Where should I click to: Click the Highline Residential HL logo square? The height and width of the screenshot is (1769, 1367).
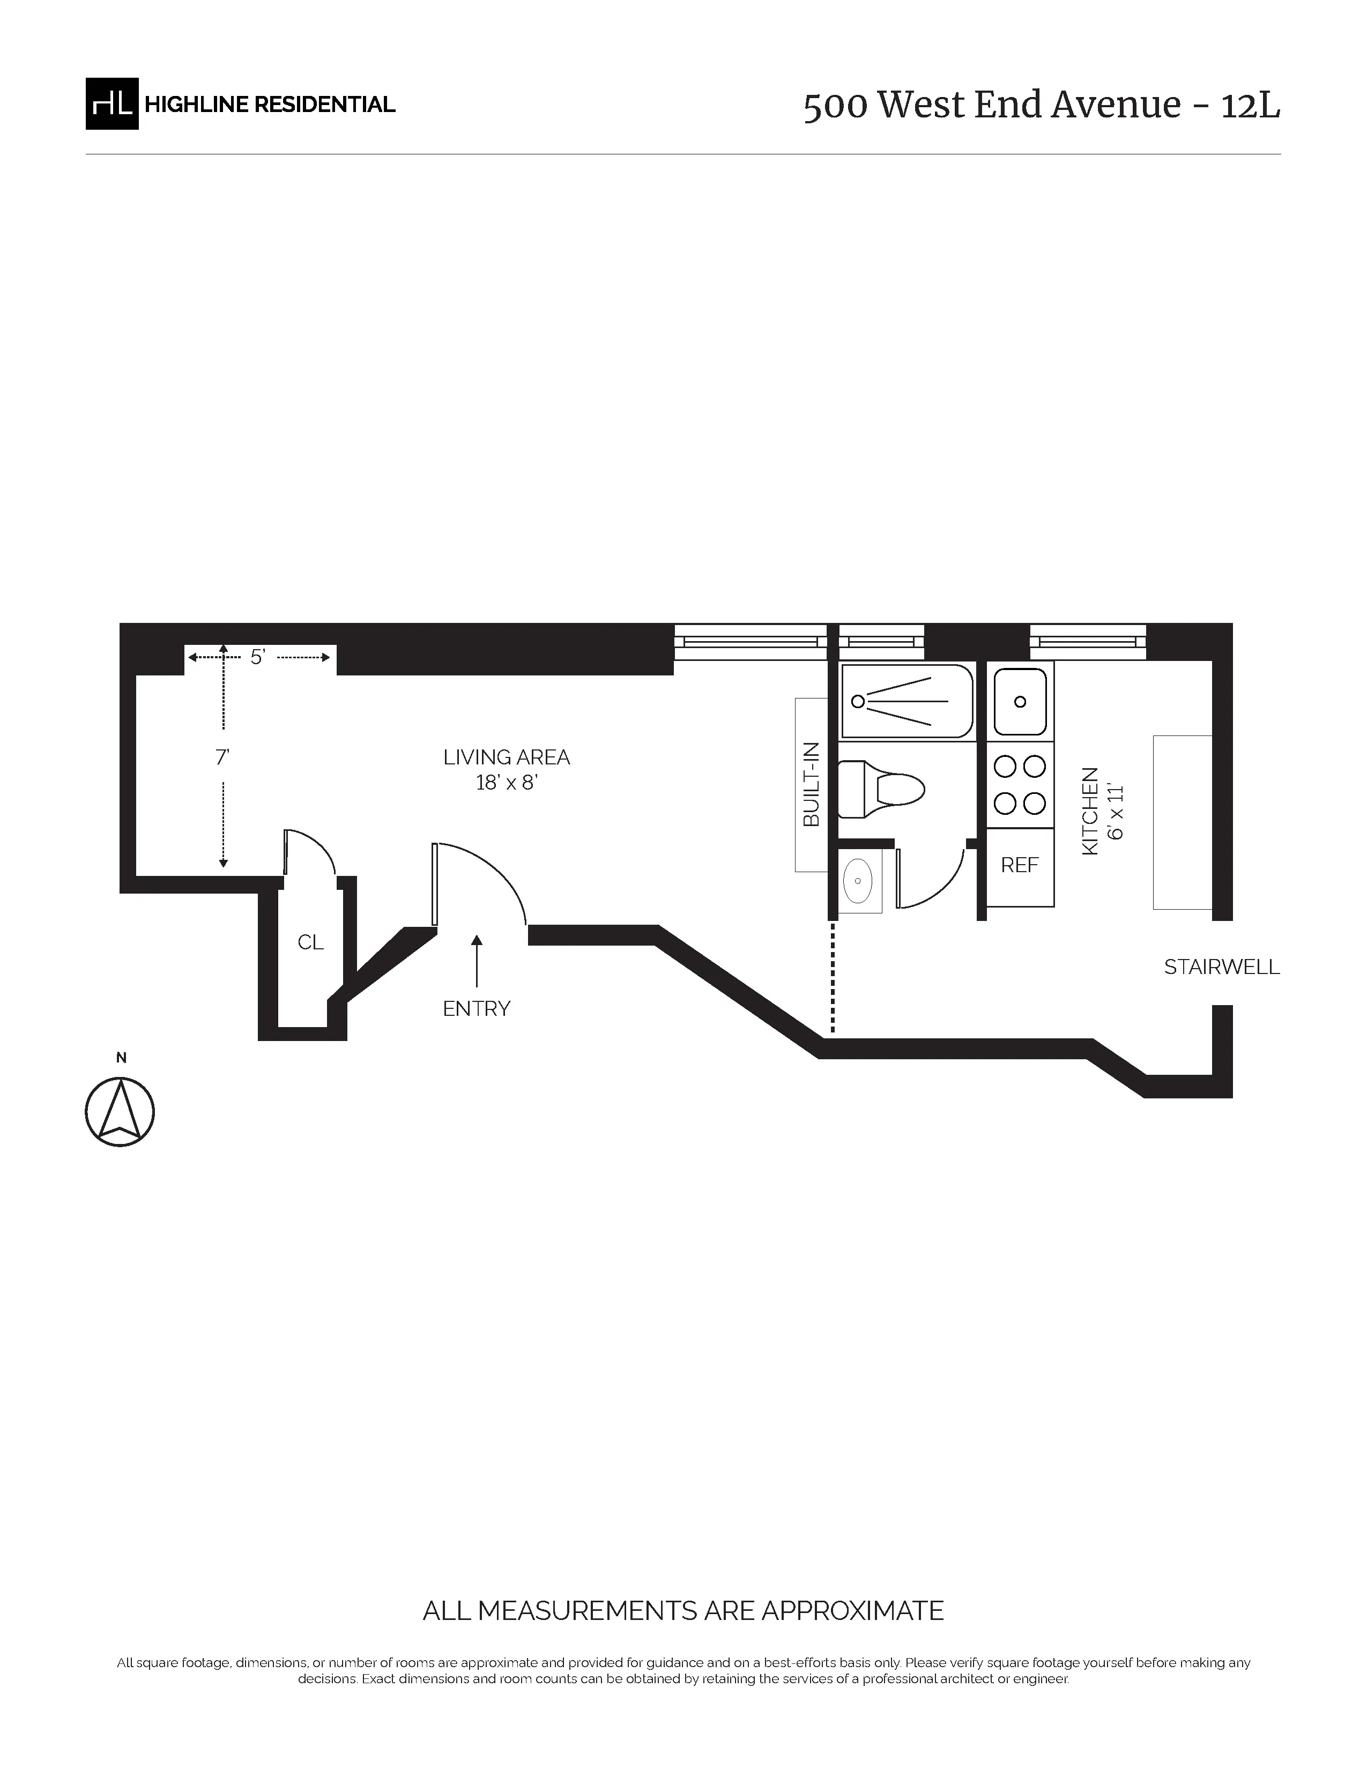tap(112, 103)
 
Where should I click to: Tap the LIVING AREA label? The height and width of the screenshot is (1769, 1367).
tap(506, 757)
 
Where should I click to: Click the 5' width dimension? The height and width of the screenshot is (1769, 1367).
tap(257, 657)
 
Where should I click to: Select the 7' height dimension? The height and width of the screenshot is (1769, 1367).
tap(222, 757)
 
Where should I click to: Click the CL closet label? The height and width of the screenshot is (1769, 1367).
tap(310, 942)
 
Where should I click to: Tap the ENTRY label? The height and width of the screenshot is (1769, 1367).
tap(476, 1008)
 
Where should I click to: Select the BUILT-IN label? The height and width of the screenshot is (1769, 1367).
tap(811, 784)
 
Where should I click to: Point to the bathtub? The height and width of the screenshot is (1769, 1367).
tap(906, 702)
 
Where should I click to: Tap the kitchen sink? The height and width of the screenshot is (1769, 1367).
tap(1020, 702)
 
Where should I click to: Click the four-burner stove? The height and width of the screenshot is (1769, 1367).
tap(1020, 784)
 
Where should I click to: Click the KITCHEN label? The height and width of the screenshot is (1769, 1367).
tap(1090, 810)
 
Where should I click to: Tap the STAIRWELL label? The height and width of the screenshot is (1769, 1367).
tap(1221, 967)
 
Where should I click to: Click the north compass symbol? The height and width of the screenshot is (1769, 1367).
tap(120, 1111)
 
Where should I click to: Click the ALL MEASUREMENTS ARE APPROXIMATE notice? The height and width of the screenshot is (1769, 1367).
tap(682, 1610)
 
